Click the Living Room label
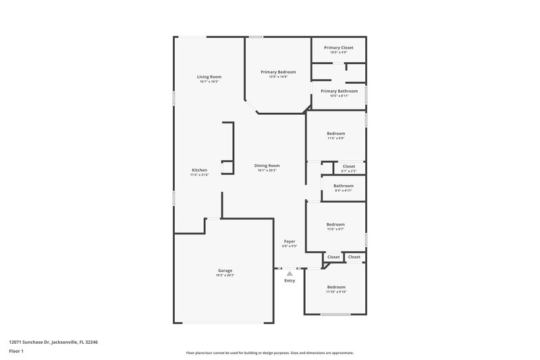[x=209, y=77]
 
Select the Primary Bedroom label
[x=278, y=72]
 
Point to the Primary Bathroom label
[x=339, y=91]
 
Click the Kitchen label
[x=199, y=170]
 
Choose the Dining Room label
[x=267, y=165]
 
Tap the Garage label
[x=225, y=270]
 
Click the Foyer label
[x=290, y=241]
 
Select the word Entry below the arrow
[x=290, y=280]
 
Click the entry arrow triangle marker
[x=290, y=273]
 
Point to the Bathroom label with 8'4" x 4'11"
[x=344, y=185]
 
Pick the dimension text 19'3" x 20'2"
[x=225, y=275]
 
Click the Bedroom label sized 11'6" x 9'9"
[x=336, y=133]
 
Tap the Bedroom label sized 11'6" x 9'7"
[x=335, y=224]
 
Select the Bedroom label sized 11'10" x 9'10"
[x=335, y=286]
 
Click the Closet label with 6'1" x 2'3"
[x=348, y=165]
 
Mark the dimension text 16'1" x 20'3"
[x=267, y=170]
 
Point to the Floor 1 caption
[x=16, y=352]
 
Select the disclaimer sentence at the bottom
[x=269, y=353]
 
